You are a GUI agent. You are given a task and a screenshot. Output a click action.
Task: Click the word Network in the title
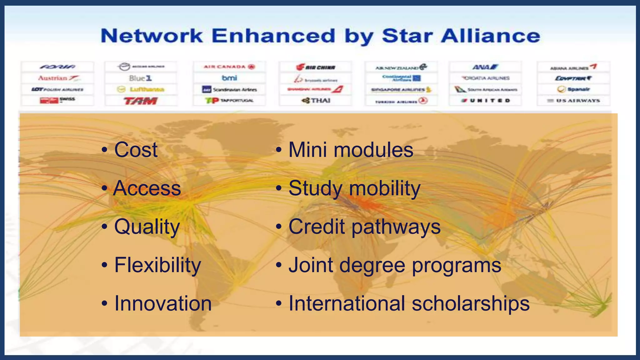click(152, 36)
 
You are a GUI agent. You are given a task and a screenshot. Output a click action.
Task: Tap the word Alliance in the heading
click(491, 36)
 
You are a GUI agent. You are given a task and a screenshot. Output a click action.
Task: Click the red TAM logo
click(141, 101)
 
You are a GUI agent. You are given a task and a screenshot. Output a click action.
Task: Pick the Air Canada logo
click(229, 67)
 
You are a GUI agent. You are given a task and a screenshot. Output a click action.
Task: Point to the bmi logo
click(229, 78)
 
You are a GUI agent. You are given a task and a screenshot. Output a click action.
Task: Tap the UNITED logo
click(486, 101)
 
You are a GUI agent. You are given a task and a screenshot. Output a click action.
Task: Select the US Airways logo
click(574, 101)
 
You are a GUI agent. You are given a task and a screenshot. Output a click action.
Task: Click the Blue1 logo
click(141, 78)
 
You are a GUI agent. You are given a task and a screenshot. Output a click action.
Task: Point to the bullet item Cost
click(136, 150)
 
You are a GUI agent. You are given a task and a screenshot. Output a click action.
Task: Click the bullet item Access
click(147, 188)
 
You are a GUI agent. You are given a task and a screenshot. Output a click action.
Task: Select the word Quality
click(147, 227)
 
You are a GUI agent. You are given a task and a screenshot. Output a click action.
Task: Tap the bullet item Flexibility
click(157, 265)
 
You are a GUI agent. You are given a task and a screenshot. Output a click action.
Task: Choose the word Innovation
click(163, 303)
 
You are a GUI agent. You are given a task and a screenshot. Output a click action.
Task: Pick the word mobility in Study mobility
click(385, 188)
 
